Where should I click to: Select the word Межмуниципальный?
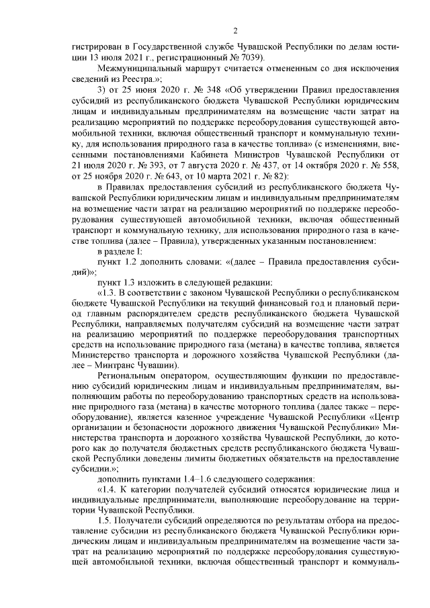(x=137, y=70)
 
